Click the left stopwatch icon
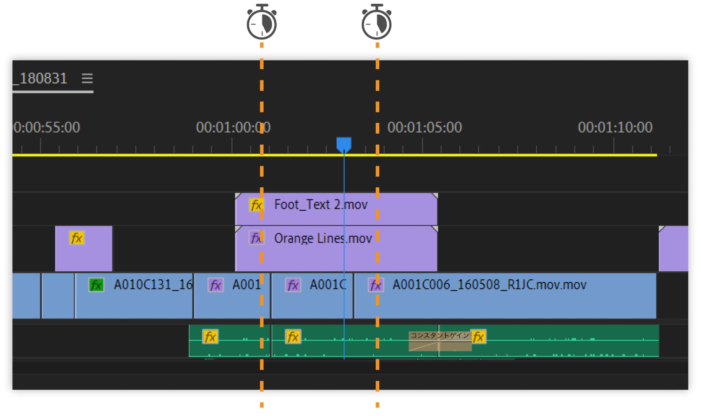[261, 23]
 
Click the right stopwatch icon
[376, 23]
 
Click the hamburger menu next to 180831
[87, 78]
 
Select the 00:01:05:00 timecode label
[424, 127]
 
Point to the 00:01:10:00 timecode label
[615, 127]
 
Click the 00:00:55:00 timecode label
[47, 127]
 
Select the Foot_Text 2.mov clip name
[321, 205]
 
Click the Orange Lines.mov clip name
[323, 238]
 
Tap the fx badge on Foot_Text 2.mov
[256, 205]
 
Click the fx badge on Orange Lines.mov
[256, 238]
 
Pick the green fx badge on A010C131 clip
[96, 285]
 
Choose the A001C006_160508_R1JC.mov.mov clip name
[489, 285]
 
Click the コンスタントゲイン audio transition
[440, 341]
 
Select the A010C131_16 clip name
[153, 285]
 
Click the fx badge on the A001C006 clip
[376, 285]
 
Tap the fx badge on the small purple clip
[77, 238]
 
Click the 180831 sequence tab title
[43, 78]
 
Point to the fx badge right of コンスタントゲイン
[478, 337]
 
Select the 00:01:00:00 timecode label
[233, 127]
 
